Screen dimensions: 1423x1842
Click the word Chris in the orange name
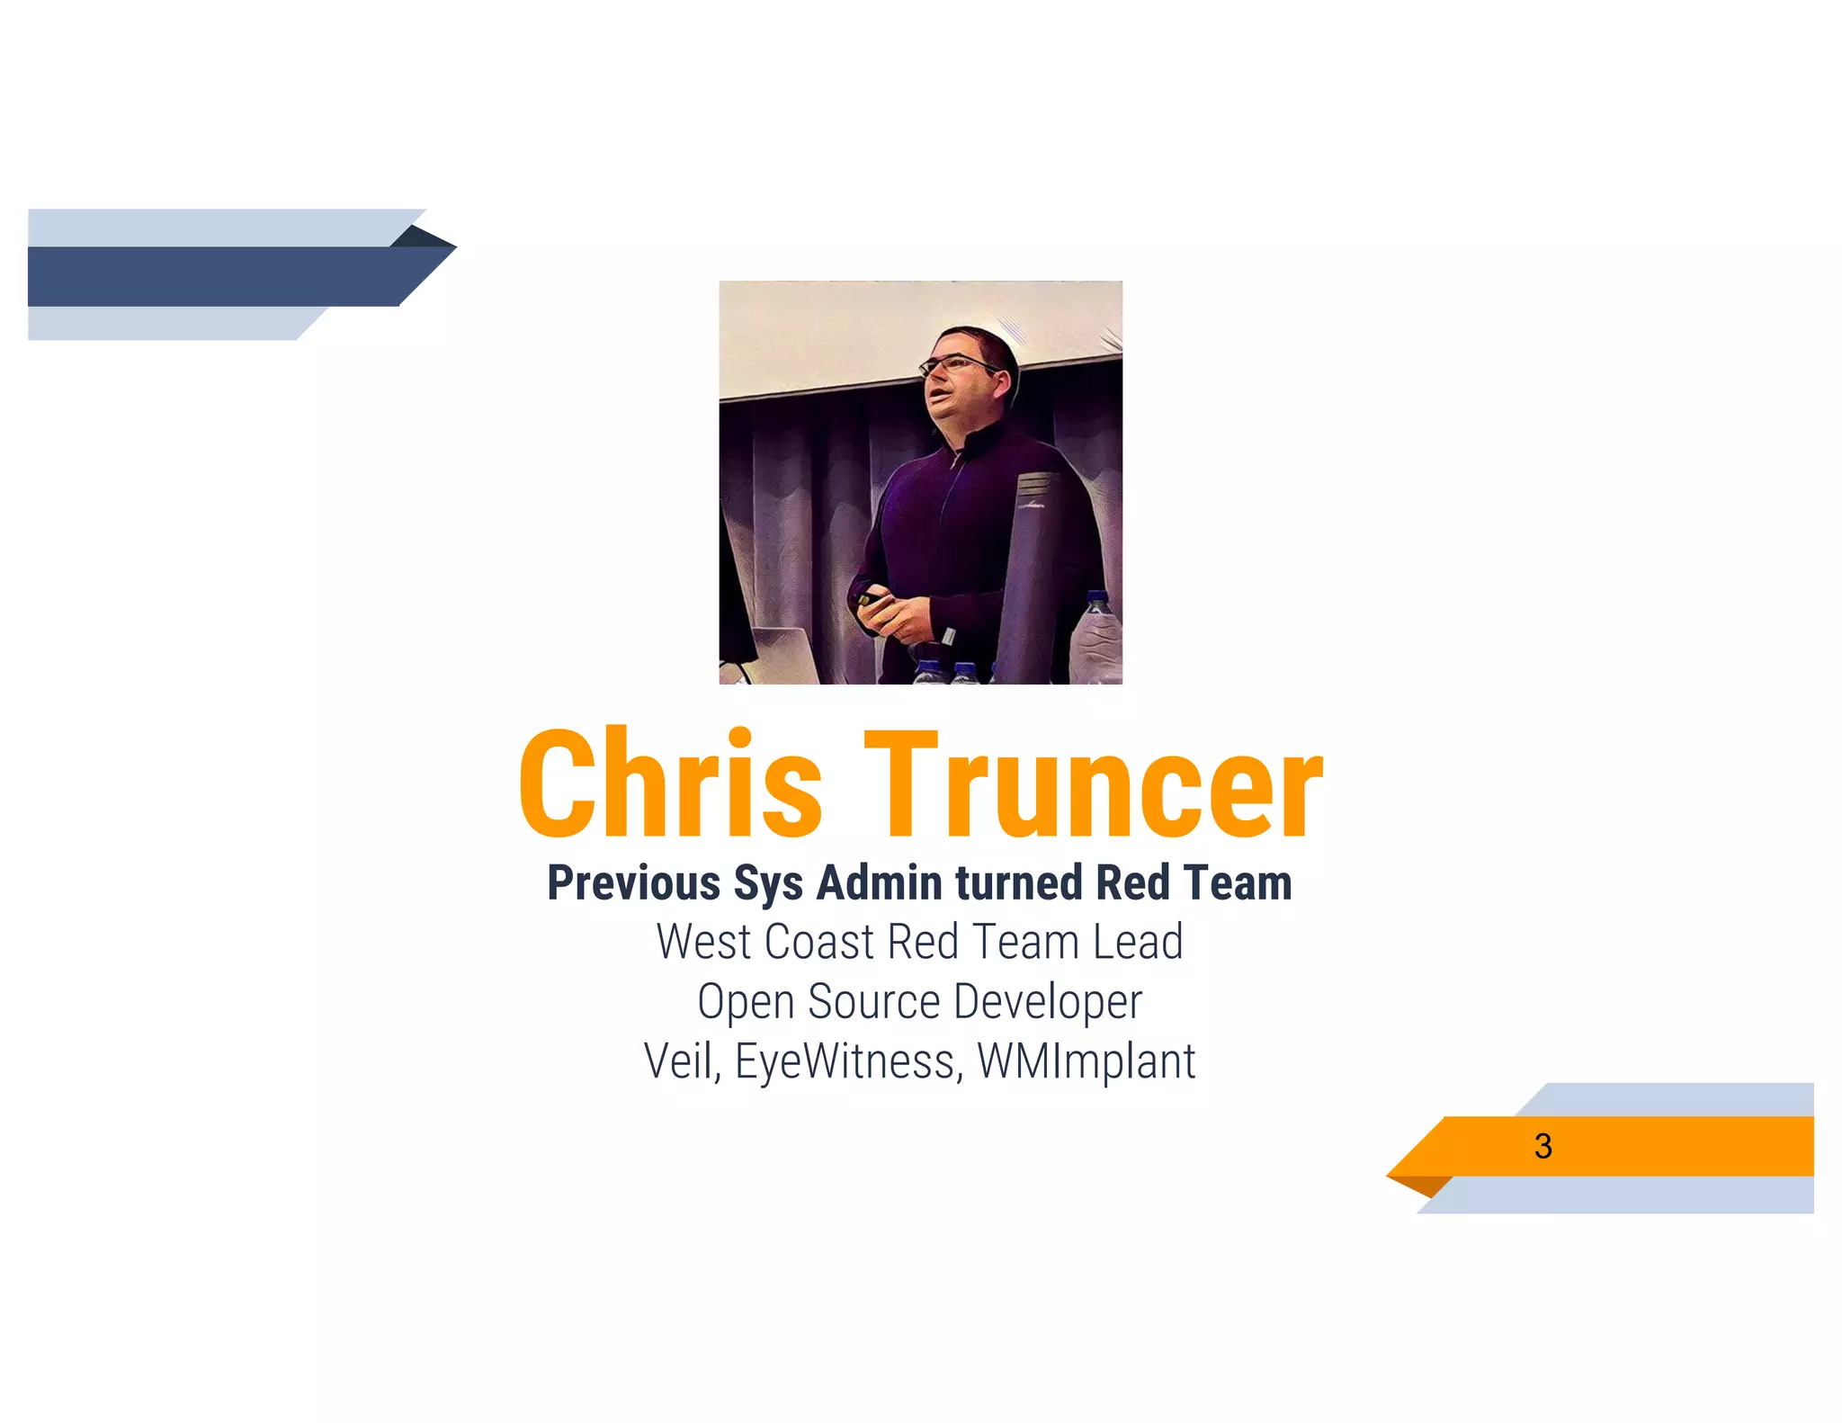pyautogui.click(x=670, y=783)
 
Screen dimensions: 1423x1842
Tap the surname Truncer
pyautogui.click(x=1093, y=783)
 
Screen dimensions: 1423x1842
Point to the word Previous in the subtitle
pyautogui.click(x=633, y=882)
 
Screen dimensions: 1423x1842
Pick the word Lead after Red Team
pyautogui.click(x=1138, y=942)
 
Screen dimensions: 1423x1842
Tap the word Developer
pyautogui.click(x=1048, y=1001)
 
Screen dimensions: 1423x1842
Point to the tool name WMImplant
pyautogui.click(x=1086, y=1061)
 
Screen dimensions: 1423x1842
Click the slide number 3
pyautogui.click(x=1542, y=1146)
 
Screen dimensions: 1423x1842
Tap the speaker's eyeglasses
pyautogui.click(x=955, y=364)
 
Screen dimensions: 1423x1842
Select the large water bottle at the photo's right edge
pyautogui.click(x=1097, y=634)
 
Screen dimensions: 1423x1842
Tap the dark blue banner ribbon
pyautogui.click(x=216, y=276)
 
